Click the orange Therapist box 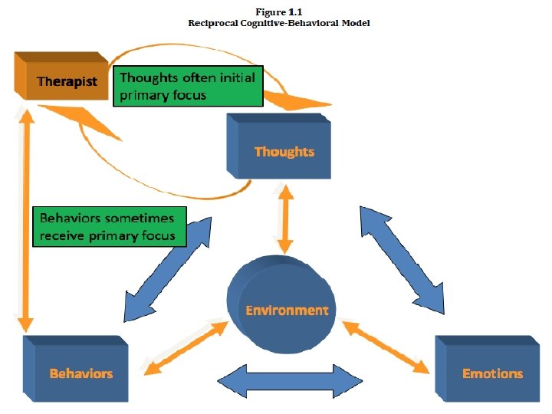coord(61,76)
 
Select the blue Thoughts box coord(279,146)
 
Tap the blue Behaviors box coord(76,369)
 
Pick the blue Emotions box coord(488,369)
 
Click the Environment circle coord(281,304)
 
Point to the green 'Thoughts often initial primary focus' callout coord(188,86)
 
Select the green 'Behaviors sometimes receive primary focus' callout coord(110,227)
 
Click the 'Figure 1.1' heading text coord(279,12)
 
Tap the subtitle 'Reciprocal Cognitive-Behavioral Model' coord(279,23)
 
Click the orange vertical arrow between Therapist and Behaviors coord(26,220)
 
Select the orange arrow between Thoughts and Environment coord(285,219)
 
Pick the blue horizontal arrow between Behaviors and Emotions coord(290,382)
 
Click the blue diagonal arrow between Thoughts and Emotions coord(402,260)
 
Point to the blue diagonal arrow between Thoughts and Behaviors coord(168,269)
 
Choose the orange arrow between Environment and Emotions coord(386,347)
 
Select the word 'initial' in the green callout coord(237,77)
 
